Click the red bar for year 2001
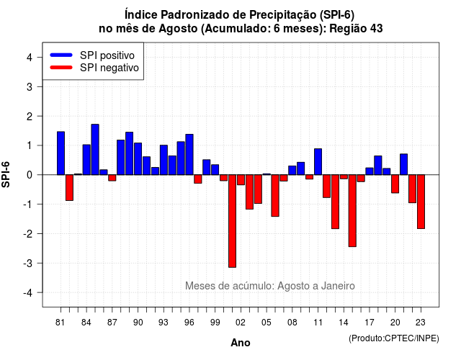pyautogui.click(x=232, y=221)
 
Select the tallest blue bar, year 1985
pyautogui.click(x=95, y=150)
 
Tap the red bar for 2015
pyautogui.click(x=352, y=211)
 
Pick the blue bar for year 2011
pyautogui.click(x=318, y=161)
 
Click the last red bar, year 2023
pyautogui.click(x=421, y=202)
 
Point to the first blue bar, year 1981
pyautogui.click(x=61, y=153)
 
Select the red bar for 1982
pyautogui.click(x=69, y=187)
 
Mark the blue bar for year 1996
pyautogui.click(x=189, y=155)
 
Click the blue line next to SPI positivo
pyautogui.click(x=61, y=55)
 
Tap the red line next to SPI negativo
pyautogui.click(x=61, y=68)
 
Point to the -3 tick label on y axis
pyautogui.click(x=29, y=263)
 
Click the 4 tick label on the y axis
pyautogui.click(x=30, y=57)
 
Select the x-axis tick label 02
pyautogui.click(x=241, y=323)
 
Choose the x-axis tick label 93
pyautogui.click(x=164, y=323)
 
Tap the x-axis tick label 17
pyautogui.click(x=370, y=323)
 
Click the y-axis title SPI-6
pyautogui.click(x=6, y=174)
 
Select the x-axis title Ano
pyautogui.click(x=241, y=343)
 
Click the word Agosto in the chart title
pyautogui.click(x=178, y=29)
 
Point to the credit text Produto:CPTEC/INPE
pyautogui.click(x=394, y=338)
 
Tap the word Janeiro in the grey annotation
pyautogui.click(x=338, y=286)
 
